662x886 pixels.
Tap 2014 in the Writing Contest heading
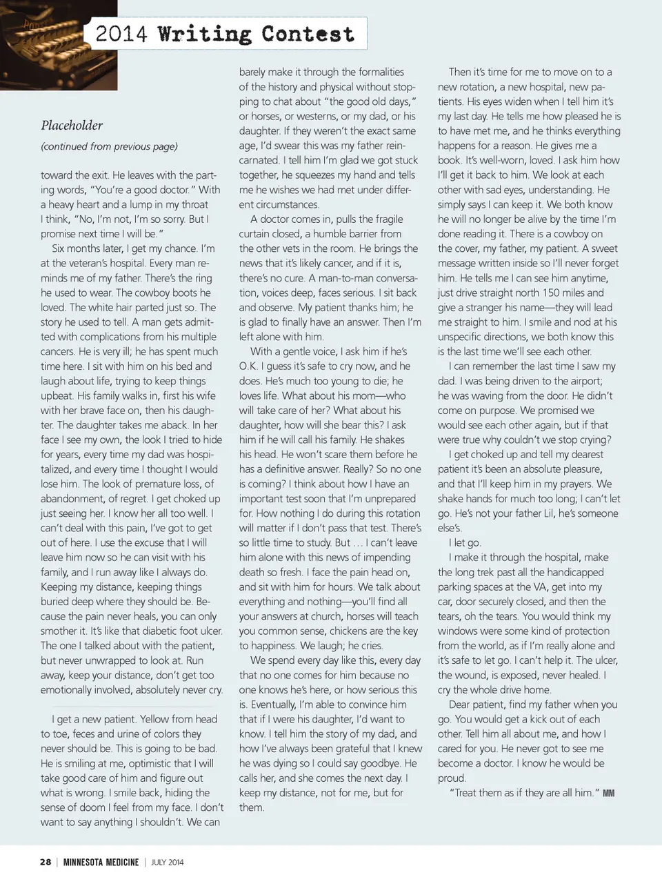tap(121, 34)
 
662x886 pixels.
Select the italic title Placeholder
tap(72, 125)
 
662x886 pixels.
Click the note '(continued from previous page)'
tap(109, 146)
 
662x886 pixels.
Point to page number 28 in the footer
tap(45, 862)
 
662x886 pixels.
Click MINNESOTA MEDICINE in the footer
tap(101, 862)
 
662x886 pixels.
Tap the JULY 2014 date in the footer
tap(168, 862)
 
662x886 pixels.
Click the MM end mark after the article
tap(608, 794)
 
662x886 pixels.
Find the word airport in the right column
tap(582, 381)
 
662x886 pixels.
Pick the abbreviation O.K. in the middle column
tap(249, 366)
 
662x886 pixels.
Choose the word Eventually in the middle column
tap(269, 705)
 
